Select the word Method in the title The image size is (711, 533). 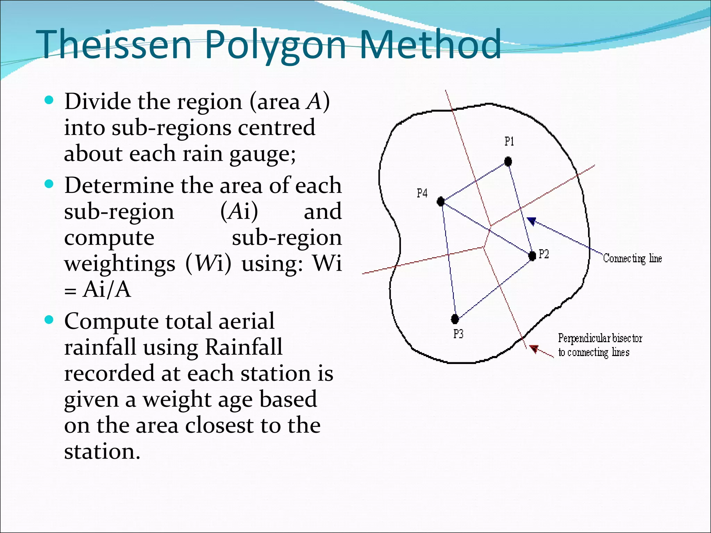[x=430, y=44]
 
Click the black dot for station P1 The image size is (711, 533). [x=508, y=161]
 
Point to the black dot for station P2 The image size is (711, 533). [x=532, y=256]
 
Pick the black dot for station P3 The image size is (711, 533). [x=455, y=319]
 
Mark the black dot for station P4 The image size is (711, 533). [x=441, y=201]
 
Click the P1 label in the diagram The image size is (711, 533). [x=509, y=142]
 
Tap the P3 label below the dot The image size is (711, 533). [x=458, y=334]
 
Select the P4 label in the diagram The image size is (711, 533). [x=422, y=193]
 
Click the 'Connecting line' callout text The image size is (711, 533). [x=632, y=259]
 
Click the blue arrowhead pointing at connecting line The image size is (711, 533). [x=532, y=221]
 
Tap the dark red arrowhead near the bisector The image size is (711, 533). [x=534, y=349]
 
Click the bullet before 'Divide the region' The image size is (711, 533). [x=49, y=101]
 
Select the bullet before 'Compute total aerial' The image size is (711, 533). [x=49, y=320]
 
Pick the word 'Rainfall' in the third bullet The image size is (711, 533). [x=244, y=347]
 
